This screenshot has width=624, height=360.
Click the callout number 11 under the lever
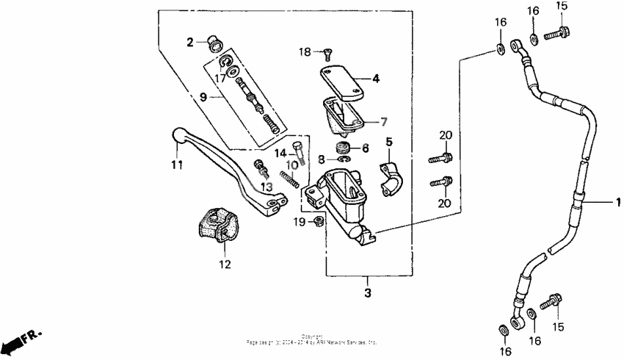(x=177, y=165)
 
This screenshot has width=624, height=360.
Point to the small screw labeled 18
(x=327, y=51)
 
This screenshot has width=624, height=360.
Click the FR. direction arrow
(x=21, y=340)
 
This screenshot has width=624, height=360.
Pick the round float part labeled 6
(x=343, y=150)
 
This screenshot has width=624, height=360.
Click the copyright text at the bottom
(x=312, y=340)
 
